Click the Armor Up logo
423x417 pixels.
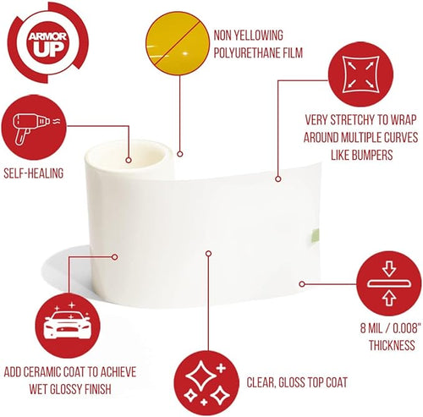click(x=47, y=42)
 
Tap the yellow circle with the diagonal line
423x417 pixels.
click(x=178, y=43)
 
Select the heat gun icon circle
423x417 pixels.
click(x=35, y=128)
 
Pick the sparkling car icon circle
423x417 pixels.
click(x=68, y=326)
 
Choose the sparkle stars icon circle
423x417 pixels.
click(x=206, y=383)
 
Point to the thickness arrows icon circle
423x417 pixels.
click(x=389, y=283)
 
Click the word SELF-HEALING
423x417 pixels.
click(x=34, y=173)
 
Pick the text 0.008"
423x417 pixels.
click(x=405, y=328)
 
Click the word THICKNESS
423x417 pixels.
click(x=392, y=345)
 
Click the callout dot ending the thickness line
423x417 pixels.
click(x=302, y=284)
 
